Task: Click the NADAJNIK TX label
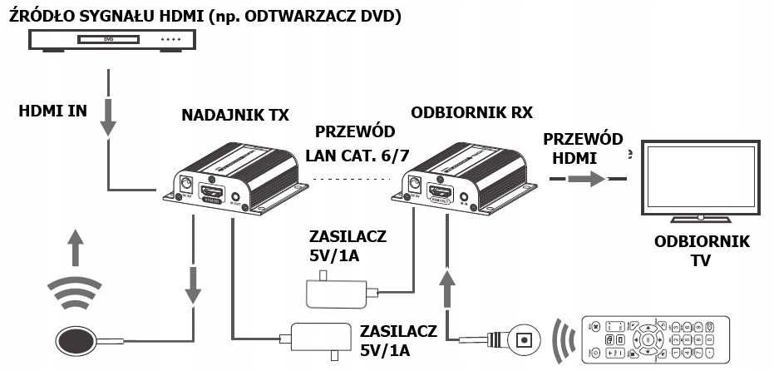(235, 115)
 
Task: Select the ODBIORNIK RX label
(471, 112)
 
